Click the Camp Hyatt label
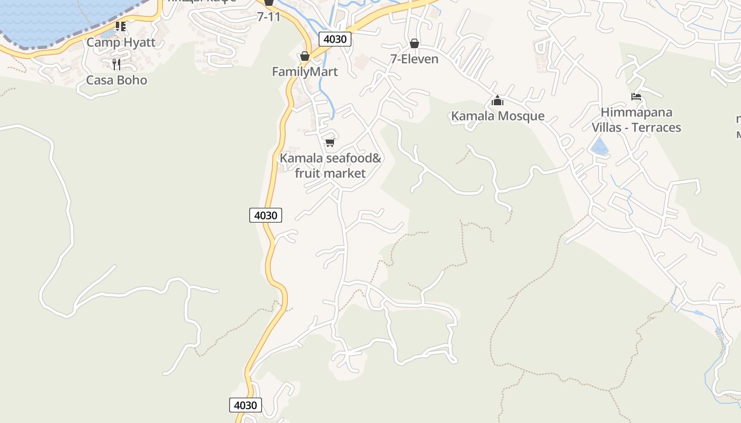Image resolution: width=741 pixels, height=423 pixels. tap(121, 42)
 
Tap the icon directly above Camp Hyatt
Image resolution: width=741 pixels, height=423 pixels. tap(121, 26)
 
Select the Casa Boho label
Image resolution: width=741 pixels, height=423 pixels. tap(116, 80)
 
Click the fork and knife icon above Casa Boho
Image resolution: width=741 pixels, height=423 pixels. tap(116, 65)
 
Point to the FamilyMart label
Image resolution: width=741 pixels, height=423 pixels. tap(304, 71)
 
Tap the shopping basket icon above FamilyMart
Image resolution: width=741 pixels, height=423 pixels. tap(304, 56)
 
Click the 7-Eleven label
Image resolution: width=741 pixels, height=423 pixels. tap(414, 59)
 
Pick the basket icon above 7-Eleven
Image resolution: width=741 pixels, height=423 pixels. tap(414, 43)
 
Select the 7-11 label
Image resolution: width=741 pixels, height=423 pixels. tap(268, 17)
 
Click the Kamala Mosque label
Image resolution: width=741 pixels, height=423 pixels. tap(498, 116)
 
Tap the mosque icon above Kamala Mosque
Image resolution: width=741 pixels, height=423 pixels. tap(498, 100)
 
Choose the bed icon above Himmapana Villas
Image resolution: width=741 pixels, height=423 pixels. tap(636, 97)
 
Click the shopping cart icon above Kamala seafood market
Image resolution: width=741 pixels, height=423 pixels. tap(330, 142)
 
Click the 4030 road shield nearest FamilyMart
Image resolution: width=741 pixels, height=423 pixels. tap(335, 39)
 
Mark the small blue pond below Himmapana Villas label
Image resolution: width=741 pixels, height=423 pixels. tap(600, 146)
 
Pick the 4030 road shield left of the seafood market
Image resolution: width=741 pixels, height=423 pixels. tap(266, 215)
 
